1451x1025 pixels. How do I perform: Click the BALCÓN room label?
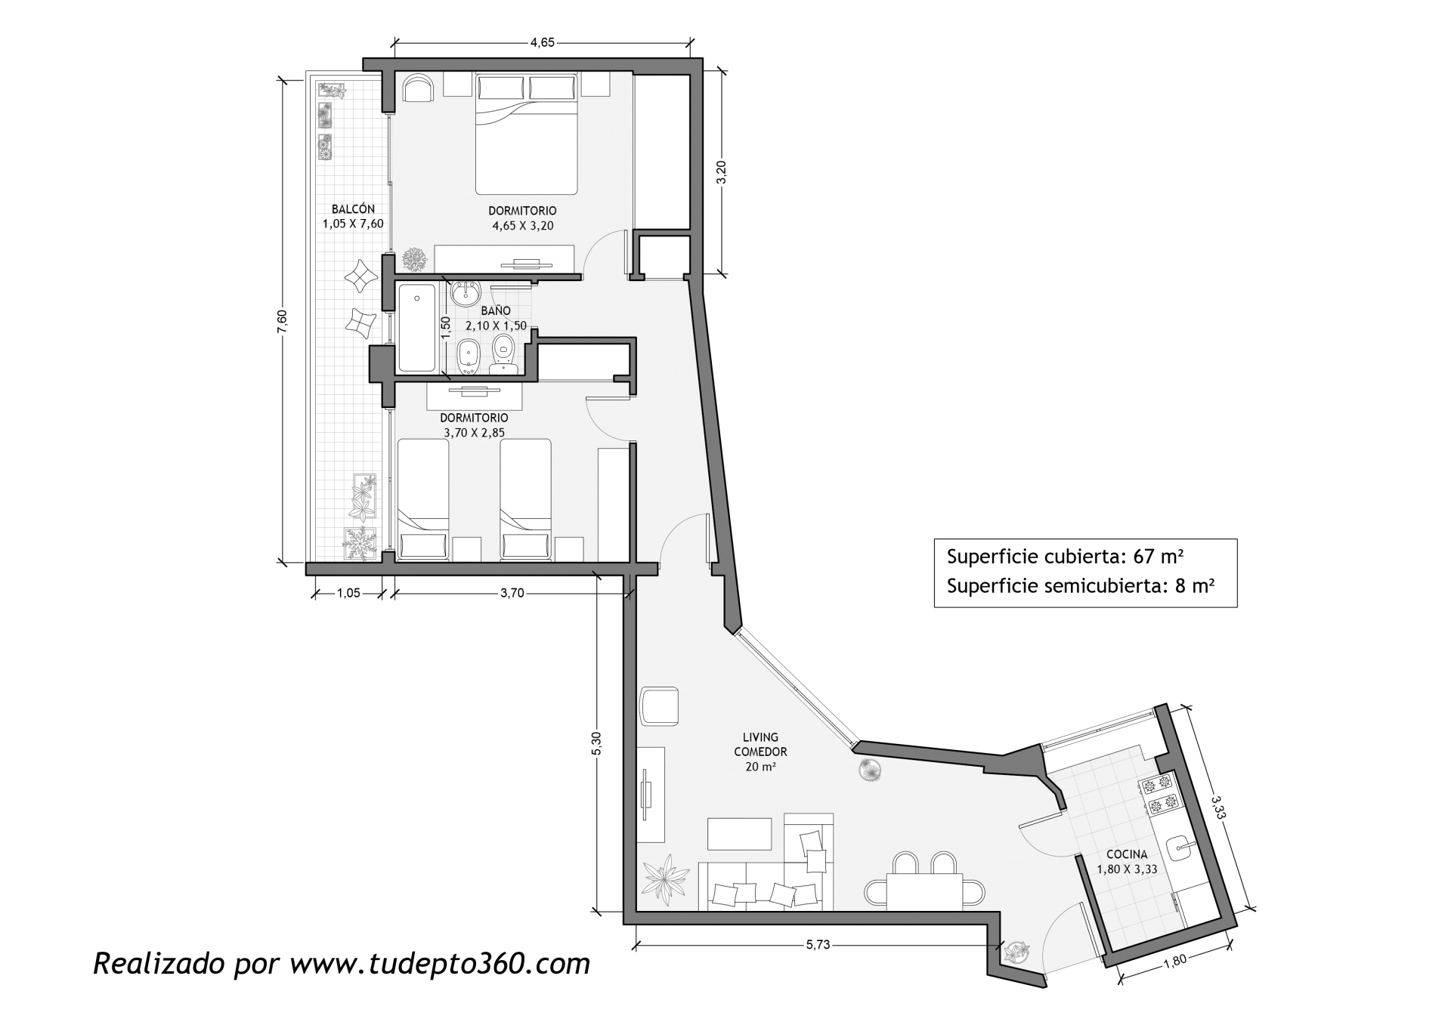[x=353, y=209]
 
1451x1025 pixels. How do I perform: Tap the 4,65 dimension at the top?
[x=543, y=43]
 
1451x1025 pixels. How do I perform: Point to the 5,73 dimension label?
[x=818, y=944]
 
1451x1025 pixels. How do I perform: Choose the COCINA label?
[x=1127, y=854]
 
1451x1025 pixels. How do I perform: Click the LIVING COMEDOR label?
[x=760, y=744]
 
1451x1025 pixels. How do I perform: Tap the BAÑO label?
[x=496, y=310]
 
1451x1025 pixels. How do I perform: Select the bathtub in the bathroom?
[x=416, y=328]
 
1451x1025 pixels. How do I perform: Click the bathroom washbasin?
[x=465, y=292]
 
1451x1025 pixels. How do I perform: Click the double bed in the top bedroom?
[x=527, y=134]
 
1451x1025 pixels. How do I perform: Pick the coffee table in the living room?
[x=740, y=833]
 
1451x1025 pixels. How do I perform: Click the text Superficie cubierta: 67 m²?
[x=1065, y=557]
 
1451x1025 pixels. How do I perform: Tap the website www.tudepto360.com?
[x=440, y=964]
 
